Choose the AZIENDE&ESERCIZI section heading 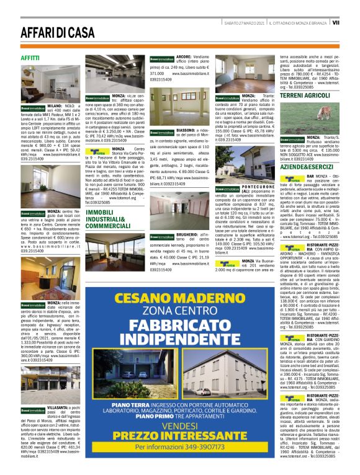(x=306, y=167)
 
